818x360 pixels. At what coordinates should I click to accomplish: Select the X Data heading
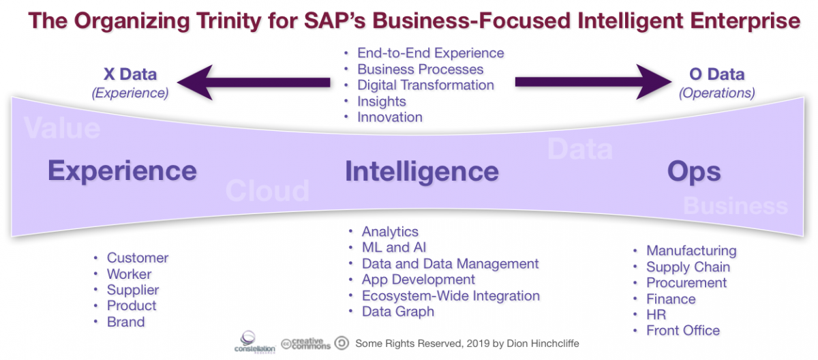[x=130, y=74]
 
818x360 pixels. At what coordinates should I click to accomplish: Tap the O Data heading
[x=716, y=74]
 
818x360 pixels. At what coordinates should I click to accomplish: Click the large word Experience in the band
[x=122, y=170]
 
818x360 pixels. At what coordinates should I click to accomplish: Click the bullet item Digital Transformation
[x=425, y=85]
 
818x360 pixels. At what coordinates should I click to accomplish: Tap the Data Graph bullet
[x=397, y=312]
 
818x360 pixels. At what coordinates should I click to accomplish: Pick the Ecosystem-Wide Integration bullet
[x=451, y=296]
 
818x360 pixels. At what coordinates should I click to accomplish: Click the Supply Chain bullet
[x=688, y=267]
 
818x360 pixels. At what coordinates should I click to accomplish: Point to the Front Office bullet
[x=683, y=331]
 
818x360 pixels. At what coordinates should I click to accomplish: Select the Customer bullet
[x=137, y=258]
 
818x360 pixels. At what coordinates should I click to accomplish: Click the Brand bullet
[x=125, y=322]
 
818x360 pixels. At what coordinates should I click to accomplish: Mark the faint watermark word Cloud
[x=267, y=192]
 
